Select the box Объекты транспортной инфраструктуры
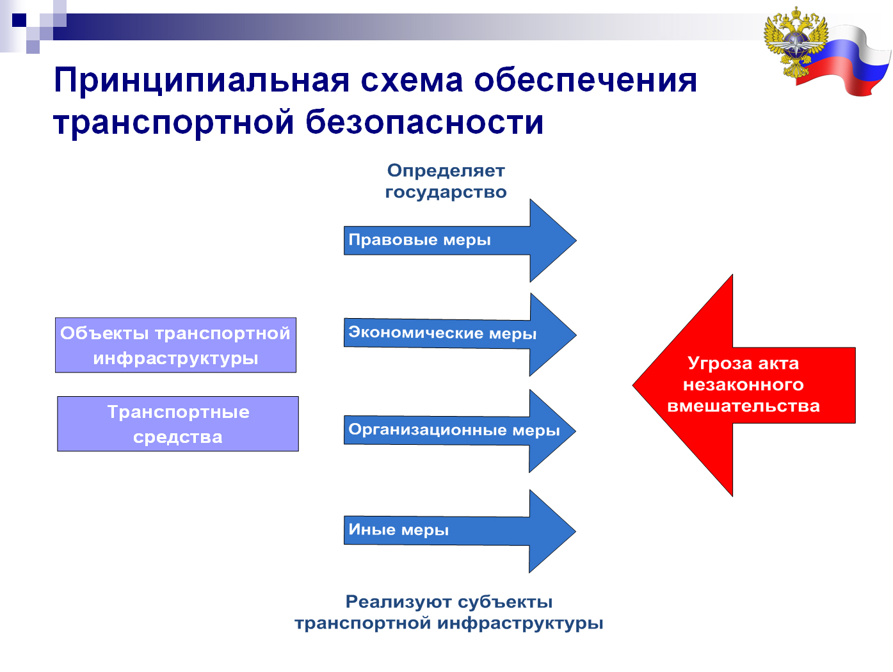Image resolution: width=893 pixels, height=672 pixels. click(176, 345)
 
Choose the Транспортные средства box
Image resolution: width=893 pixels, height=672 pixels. click(178, 424)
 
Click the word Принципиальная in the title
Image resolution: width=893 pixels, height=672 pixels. click(202, 81)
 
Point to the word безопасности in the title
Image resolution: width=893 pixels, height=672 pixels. click(424, 122)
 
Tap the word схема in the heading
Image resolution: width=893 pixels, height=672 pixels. click(412, 80)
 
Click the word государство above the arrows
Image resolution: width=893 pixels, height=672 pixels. click(446, 193)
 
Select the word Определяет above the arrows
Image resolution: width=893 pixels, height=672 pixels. click(446, 171)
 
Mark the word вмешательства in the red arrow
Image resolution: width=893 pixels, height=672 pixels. click(744, 406)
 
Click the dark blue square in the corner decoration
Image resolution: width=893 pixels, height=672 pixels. click(19, 20)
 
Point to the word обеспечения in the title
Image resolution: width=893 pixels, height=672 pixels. click(586, 81)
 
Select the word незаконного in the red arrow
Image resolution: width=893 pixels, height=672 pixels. click(744, 385)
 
